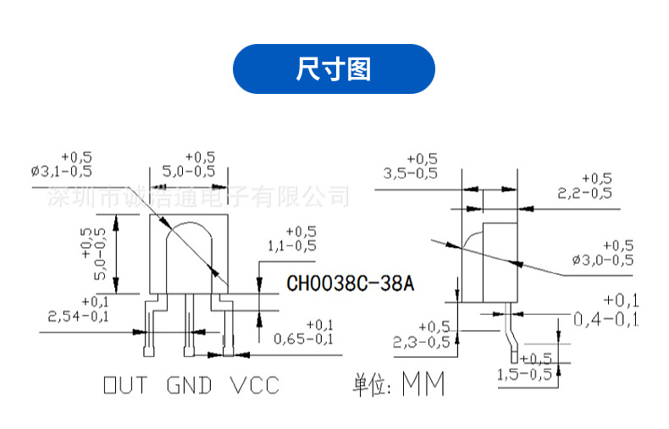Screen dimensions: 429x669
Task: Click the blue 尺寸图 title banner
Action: [334, 69]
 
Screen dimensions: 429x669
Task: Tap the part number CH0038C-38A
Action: [351, 283]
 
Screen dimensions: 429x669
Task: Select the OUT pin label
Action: [124, 386]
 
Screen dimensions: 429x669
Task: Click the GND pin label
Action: [188, 386]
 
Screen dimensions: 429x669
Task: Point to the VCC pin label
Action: [254, 386]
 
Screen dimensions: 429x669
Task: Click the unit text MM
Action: [423, 385]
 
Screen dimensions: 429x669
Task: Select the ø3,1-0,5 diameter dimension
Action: [62, 172]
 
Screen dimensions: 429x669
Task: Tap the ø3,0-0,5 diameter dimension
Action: [602, 259]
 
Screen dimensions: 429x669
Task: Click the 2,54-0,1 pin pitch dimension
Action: [79, 316]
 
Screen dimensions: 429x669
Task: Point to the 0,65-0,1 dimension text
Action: [304, 339]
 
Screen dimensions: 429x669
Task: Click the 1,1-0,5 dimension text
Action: [291, 245]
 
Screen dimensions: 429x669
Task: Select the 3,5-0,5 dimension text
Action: [411, 173]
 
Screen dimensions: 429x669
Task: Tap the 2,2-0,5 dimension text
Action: [584, 192]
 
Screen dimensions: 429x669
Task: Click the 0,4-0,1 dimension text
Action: [606, 319]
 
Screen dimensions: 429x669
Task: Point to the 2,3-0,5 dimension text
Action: [422, 342]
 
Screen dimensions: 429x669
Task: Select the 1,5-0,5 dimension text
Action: [524, 373]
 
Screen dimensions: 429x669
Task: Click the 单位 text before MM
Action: [371, 386]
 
